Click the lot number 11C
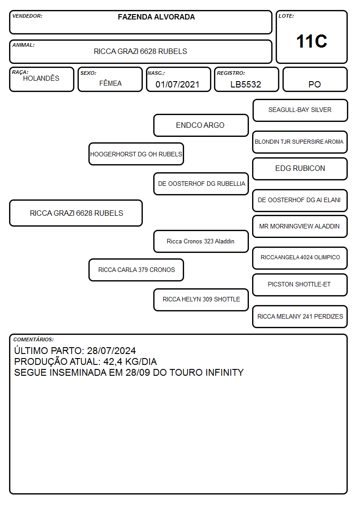(311, 41)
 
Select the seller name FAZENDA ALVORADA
(156, 17)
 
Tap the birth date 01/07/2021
(177, 84)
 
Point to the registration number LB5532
(246, 84)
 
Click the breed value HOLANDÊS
(41, 78)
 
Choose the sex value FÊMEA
(110, 83)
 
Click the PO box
(315, 79)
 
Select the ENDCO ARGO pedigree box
(201, 125)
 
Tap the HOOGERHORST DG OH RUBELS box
(136, 154)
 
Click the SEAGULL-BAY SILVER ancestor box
(300, 111)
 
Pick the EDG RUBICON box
(300, 169)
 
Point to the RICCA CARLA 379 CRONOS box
(136, 270)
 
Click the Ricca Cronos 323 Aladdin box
(201, 241)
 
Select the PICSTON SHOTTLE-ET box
(300, 285)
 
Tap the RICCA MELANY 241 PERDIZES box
(300, 316)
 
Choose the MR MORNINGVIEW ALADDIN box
(300, 226)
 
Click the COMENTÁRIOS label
(34, 339)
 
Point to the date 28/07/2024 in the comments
(112, 350)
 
